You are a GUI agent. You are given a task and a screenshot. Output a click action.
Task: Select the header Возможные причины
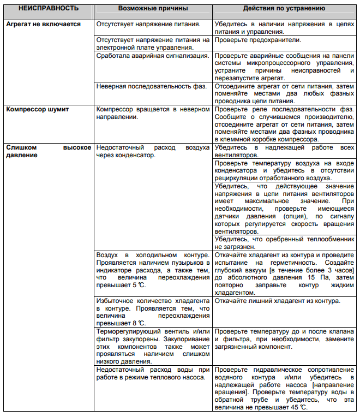click(x=152, y=9)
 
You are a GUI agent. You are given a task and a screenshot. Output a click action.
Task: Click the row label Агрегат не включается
click(x=44, y=25)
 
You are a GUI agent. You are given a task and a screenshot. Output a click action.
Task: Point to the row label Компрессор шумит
click(x=38, y=109)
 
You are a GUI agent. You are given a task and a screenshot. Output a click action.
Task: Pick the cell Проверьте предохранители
click(x=259, y=40)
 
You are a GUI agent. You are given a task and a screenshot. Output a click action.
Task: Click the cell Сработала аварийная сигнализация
click(x=152, y=55)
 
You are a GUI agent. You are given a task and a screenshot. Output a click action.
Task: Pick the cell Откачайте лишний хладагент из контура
click(x=278, y=301)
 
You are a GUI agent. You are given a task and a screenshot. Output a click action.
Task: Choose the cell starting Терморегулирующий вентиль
click(x=153, y=346)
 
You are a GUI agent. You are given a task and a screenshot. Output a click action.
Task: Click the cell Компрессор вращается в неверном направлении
click(x=153, y=113)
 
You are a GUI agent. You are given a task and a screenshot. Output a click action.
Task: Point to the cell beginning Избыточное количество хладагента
click(x=153, y=312)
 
